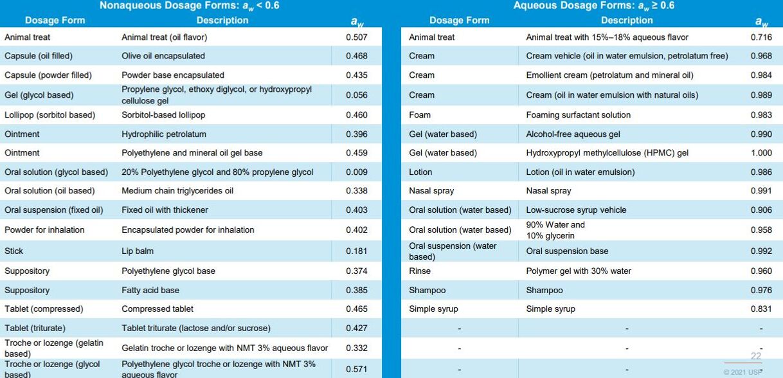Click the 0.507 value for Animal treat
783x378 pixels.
tap(356, 37)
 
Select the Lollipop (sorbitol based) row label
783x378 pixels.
tap(50, 115)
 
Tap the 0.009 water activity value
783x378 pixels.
tap(356, 172)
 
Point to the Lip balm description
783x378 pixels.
tap(138, 251)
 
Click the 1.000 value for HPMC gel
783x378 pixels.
tap(761, 153)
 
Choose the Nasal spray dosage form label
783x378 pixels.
tap(432, 191)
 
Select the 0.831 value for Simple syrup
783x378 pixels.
tap(761, 309)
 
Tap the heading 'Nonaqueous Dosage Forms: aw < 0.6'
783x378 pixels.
tap(189, 6)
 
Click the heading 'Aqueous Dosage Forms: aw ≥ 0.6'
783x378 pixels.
tap(593, 6)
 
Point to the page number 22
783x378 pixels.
tap(755, 356)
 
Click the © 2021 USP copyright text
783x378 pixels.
tap(742, 372)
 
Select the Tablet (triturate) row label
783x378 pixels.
tap(35, 328)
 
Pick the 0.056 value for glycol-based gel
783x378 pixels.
tap(356, 95)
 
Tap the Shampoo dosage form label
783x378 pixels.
tap(427, 291)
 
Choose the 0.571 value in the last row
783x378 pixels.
tap(356, 369)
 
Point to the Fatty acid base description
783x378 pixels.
tap(150, 291)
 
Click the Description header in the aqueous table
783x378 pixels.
tap(627, 21)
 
